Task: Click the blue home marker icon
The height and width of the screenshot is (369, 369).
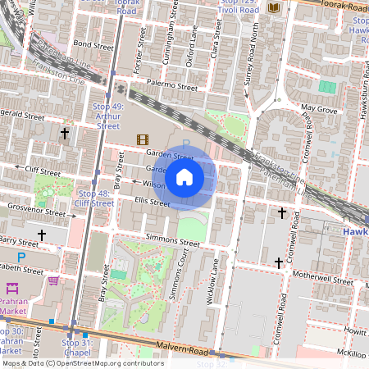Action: coord(184,176)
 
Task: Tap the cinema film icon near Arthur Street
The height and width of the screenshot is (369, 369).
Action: coord(143,139)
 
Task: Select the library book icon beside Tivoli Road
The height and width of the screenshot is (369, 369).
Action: coord(274,8)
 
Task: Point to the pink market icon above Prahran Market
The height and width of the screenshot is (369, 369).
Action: coord(12,288)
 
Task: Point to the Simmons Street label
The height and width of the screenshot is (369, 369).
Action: coord(172,242)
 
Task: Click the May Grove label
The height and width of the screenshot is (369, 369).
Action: coord(319,108)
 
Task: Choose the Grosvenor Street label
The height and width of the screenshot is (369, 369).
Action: coord(36,211)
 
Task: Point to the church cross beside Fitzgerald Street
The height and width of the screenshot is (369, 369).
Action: coord(65,133)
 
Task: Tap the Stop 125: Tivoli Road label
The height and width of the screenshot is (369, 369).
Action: coord(239,7)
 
